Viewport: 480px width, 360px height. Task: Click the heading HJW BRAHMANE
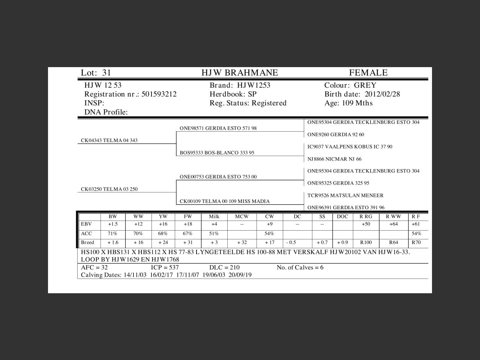(x=240, y=73)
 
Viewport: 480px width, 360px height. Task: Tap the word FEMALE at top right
(x=368, y=73)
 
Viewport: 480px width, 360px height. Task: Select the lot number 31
(x=106, y=73)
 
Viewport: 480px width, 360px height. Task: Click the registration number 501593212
(x=159, y=94)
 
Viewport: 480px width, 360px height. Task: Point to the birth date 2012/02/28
(x=382, y=94)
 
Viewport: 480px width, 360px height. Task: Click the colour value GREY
(x=365, y=85)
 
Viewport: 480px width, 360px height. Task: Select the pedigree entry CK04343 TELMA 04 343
(x=109, y=141)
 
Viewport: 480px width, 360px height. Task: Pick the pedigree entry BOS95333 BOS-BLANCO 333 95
(x=217, y=153)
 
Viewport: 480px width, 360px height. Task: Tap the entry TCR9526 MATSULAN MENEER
(x=345, y=195)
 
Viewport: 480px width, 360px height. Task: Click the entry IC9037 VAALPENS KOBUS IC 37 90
(x=349, y=147)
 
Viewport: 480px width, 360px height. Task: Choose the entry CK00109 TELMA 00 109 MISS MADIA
(x=224, y=201)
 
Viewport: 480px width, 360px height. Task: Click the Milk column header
(x=214, y=217)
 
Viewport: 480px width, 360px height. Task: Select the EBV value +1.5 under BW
(x=112, y=224)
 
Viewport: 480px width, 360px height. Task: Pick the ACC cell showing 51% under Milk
(x=214, y=234)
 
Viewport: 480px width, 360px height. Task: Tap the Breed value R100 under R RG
(x=366, y=243)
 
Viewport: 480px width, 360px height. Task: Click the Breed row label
(x=87, y=243)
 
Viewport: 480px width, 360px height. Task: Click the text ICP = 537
(x=165, y=267)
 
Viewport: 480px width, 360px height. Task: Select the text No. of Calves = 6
(x=300, y=267)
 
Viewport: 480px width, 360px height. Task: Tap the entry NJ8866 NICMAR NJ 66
(x=334, y=159)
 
